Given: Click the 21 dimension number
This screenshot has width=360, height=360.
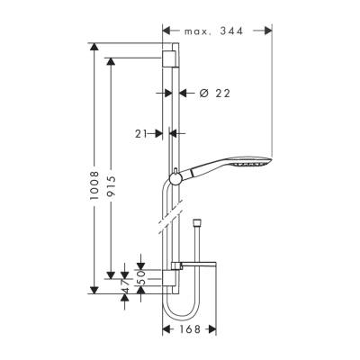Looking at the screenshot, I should (x=142, y=133).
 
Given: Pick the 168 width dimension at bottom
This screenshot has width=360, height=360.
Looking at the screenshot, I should (x=189, y=329).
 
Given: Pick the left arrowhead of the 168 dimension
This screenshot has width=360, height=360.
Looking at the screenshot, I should (x=166, y=329).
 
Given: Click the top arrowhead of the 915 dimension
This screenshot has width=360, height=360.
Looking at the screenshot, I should (x=112, y=60).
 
